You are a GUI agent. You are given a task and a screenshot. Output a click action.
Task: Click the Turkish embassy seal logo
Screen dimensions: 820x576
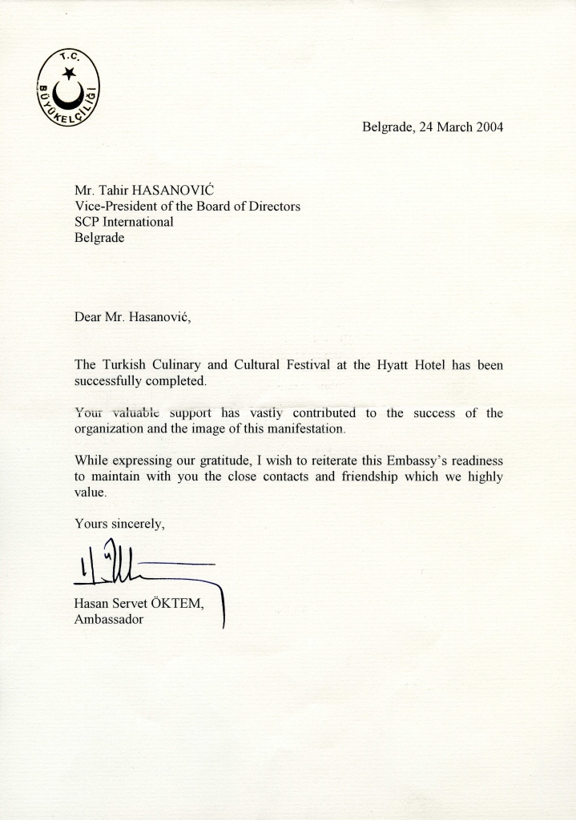click(x=68, y=88)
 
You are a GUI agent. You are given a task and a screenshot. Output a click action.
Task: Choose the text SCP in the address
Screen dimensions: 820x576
click(x=87, y=222)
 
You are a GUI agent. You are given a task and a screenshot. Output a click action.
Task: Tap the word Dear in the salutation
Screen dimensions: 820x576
click(x=88, y=316)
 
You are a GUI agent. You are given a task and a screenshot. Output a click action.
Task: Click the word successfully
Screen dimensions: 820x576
click(x=111, y=380)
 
